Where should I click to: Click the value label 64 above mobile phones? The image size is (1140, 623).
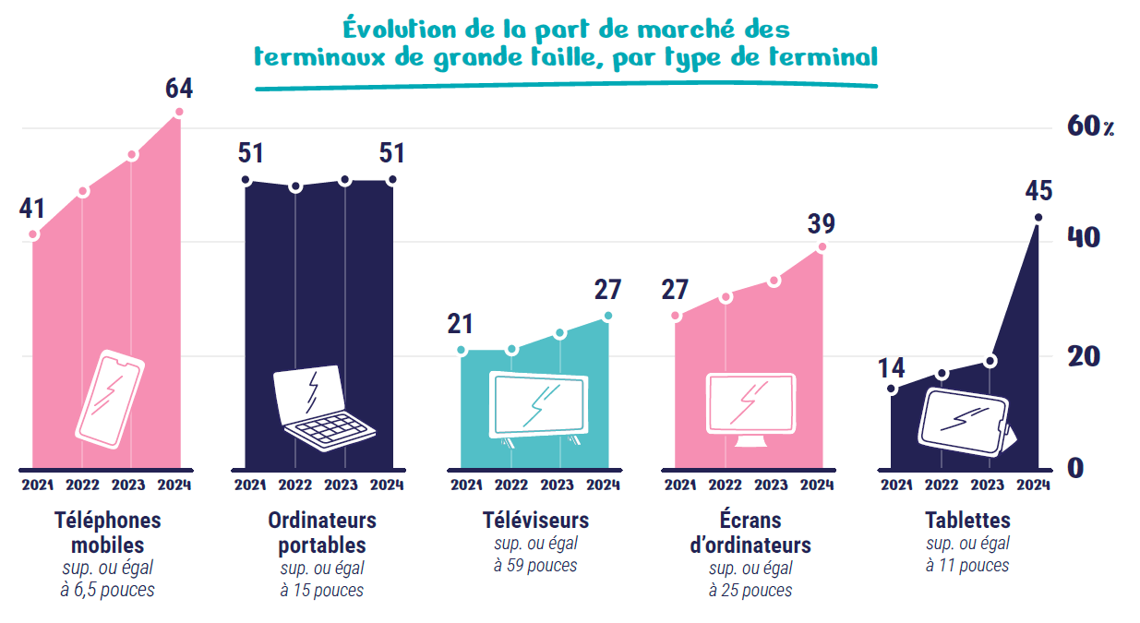click(179, 88)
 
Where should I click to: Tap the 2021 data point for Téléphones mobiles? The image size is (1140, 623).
click(33, 234)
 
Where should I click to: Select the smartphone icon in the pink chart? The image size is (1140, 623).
click(110, 400)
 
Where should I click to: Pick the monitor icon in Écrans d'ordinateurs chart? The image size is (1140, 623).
click(751, 410)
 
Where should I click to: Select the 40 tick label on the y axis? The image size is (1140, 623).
click(1084, 238)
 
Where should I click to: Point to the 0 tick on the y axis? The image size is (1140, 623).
click(1075, 468)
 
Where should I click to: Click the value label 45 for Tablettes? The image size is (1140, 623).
click(1038, 191)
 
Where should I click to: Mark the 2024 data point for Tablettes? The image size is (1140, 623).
click(1038, 218)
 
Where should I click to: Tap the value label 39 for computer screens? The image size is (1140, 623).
click(822, 224)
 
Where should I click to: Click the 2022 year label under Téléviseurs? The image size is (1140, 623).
click(511, 485)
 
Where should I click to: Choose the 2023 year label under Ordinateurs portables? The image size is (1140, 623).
click(341, 485)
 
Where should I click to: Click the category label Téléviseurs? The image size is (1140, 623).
click(535, 521)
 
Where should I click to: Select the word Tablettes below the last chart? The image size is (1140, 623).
click(967, 521)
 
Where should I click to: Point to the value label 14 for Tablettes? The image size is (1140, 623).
click(891, 368)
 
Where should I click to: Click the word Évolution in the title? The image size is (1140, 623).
click(399, 29)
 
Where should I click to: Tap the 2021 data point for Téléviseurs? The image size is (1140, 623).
click(462, 350)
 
